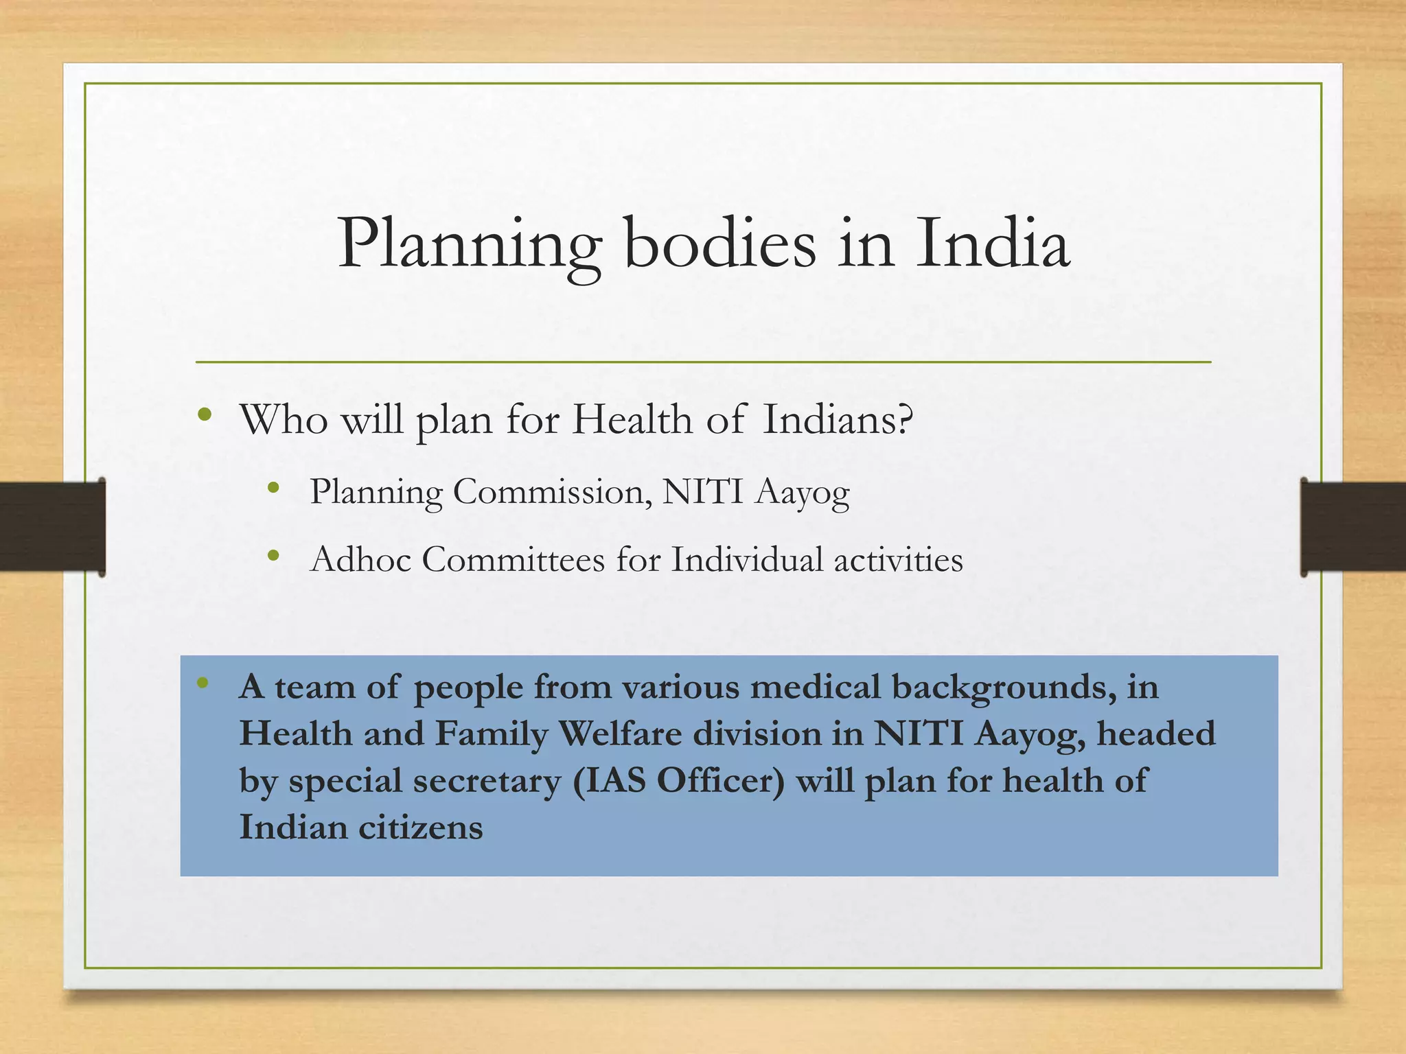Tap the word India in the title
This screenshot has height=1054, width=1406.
click(x=993, y=243)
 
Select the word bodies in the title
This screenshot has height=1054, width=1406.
click(x=720, y=243)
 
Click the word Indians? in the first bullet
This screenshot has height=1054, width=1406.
click(x=838, y=419)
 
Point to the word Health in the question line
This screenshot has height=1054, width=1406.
click(x=632, y=419)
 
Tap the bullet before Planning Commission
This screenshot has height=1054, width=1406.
click(x=274, y=488)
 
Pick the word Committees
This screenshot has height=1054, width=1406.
click(x=513, y=559)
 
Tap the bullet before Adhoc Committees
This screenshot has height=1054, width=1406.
click(x=274, y=556)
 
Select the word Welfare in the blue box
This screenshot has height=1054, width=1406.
click(x=620, y=734)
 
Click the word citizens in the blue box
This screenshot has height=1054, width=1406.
click(x=420, y=827)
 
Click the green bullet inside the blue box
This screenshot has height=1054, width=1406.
click(x=202, y=682)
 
